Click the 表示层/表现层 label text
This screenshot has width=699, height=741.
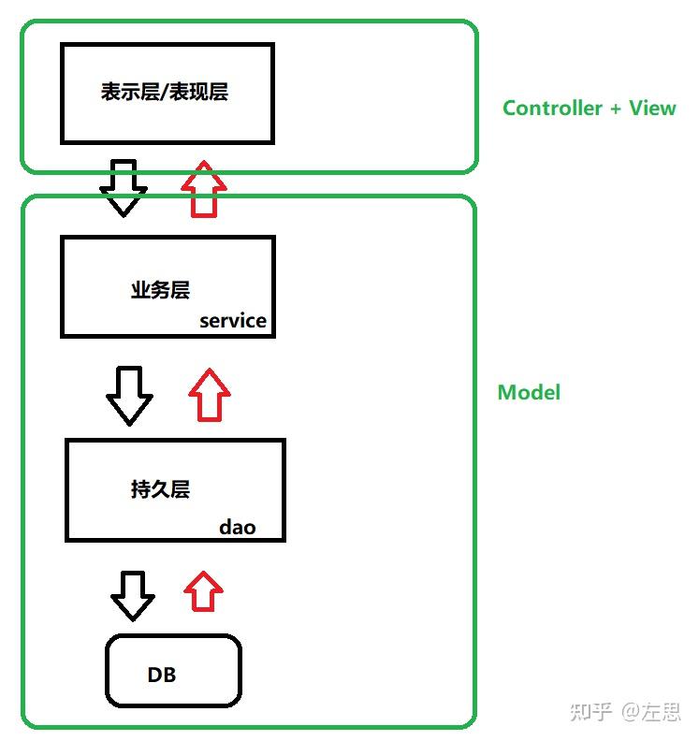click(165, 92)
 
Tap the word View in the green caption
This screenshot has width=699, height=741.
click(652, 108)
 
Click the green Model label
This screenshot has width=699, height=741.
click(529, 392)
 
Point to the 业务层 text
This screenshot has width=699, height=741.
click(160, 290)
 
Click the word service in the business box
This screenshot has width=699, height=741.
click(233, 321)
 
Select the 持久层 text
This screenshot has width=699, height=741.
click(160, 488)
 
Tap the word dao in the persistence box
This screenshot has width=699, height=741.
click(238, 528)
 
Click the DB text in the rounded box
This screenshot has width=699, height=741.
click(162, 675)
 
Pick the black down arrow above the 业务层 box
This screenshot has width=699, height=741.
click(124, 188)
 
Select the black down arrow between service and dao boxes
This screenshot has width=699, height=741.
click(129, 395)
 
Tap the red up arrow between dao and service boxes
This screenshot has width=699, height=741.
click(209, 395)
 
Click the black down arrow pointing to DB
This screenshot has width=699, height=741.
click(133, 595)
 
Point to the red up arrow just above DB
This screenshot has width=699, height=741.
click(203, 592)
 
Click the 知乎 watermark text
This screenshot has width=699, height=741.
click(590, 712)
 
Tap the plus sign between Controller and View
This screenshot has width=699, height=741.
click(616, 109)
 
